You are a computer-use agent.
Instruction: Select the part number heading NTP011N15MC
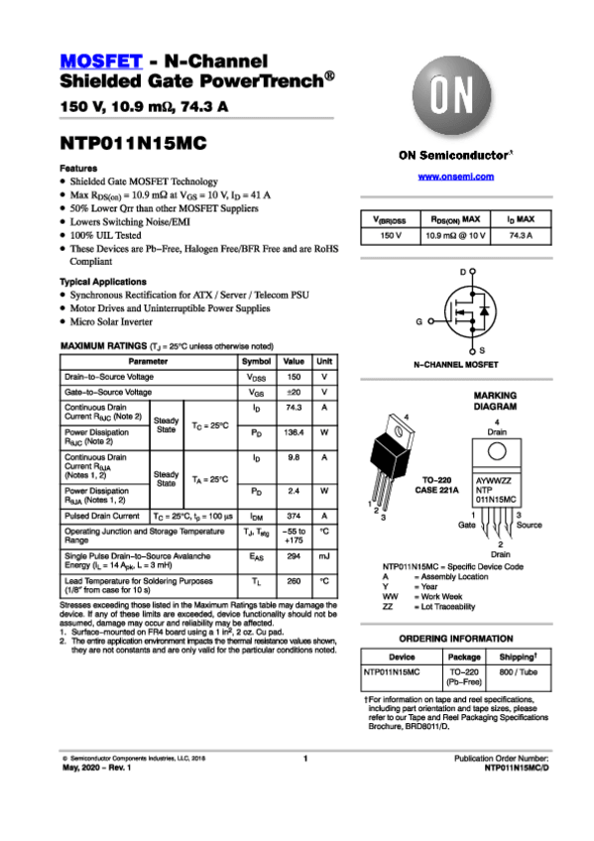133,143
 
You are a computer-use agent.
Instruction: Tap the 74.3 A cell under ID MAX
521,235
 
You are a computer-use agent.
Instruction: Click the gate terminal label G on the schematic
419,322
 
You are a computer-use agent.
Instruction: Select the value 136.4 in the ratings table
294,432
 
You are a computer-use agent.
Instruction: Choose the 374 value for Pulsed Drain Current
294,516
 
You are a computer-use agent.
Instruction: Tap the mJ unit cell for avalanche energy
324,557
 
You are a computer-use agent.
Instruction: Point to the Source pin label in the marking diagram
529,524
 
